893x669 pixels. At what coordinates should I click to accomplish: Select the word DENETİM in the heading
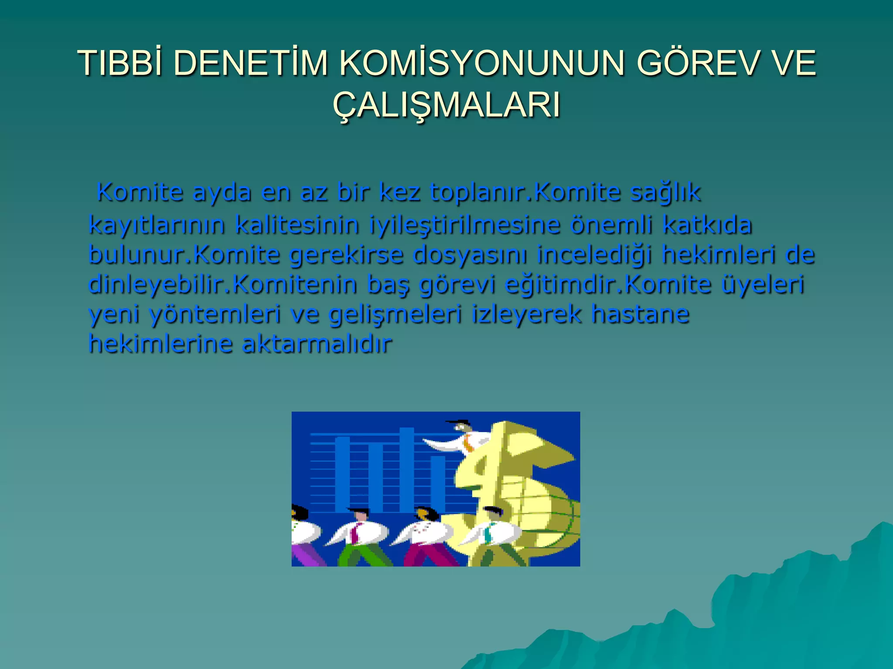(250, 64)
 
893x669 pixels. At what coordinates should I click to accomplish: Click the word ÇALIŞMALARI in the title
(446, 105)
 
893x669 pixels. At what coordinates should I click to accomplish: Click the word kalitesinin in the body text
(297, 225)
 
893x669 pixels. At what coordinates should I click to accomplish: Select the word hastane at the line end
(640, 314)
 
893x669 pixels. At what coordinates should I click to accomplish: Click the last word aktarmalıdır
(317, 344)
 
